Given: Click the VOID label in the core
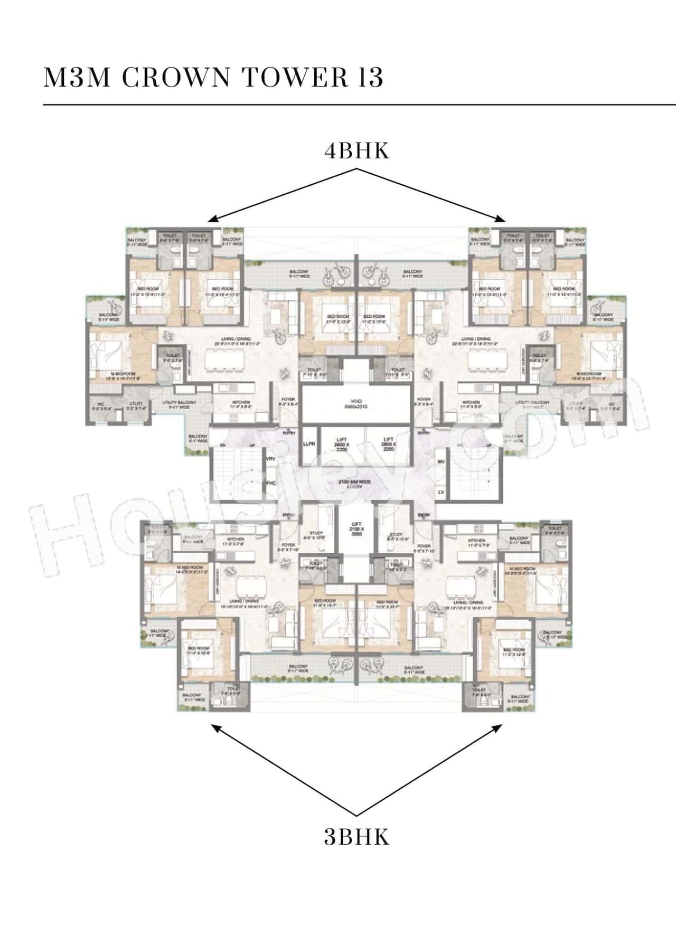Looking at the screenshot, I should pyautogui.click(x=355, y=401).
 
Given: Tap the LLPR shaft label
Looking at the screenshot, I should pyautogui.click(x=309, y=445).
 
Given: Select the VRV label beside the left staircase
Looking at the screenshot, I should pyautogui.click(x=271, y=459).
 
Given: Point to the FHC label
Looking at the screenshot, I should pyautogui.click(x=271, y=483).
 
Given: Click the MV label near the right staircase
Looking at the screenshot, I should pyautogui.click(x=441, y=462).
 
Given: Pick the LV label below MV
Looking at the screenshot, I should pyautogui.click(x=441, y=492).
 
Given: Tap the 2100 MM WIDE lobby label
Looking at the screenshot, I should pyautogui.click(x=356, y=483).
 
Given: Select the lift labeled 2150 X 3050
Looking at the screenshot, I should pyautogui.click(x=356, y=528).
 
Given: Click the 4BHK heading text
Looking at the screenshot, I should pyautogui.click(x=356, y=151).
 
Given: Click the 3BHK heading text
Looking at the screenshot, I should pyautogui.click(x=356, y=837).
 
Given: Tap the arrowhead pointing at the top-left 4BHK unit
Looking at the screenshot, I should pyautogui.click(x=211, y=219).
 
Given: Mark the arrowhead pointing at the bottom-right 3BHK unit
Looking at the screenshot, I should pyautogui.click(x=499, y=727).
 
